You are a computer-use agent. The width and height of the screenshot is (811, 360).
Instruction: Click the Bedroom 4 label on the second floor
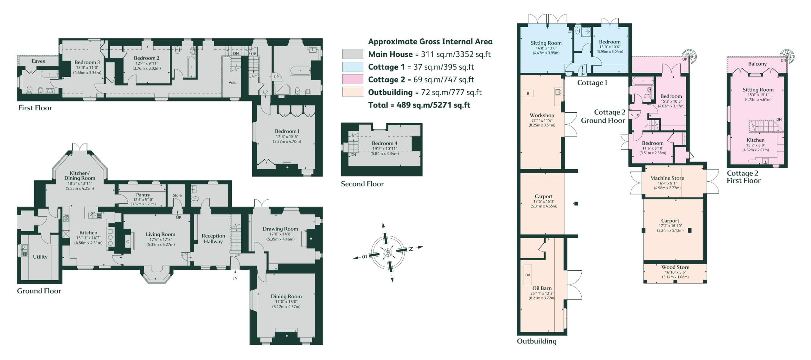click(384, 143)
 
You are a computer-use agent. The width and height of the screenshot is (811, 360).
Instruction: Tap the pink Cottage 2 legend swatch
click(353, 79)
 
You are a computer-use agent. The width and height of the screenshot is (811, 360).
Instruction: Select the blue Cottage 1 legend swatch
click(353, 67)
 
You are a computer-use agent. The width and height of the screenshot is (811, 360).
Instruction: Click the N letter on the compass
click(411, 249)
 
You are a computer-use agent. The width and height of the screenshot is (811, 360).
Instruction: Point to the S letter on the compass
click(364, 256)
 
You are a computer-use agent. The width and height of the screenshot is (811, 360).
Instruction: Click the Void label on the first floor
click(233, 82)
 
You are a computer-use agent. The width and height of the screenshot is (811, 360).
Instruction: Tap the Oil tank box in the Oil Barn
click(527, 275)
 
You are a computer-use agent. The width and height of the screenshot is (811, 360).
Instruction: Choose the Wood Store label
click(675, 267)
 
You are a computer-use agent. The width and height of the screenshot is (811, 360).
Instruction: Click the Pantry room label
click(143, 195)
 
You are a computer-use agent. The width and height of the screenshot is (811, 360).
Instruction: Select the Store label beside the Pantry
click(177, 195)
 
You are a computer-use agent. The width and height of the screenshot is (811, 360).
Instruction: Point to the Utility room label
click(40, 257)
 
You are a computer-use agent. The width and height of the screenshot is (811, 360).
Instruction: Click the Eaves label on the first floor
click(38, 61)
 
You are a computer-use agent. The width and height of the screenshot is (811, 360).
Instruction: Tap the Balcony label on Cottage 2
click(757, 64)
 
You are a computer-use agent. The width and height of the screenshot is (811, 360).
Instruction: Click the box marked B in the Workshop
click(528, 93)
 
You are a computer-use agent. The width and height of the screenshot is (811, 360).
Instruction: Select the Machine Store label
click(667, 178)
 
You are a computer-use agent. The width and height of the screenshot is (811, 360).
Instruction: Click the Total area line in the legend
click(419, 105)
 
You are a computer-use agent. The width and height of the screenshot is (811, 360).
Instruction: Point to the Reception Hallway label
click(213, 239)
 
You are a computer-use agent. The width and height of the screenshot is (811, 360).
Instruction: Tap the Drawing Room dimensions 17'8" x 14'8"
click(280, 234)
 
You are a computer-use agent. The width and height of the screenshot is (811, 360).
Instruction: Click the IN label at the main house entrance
click(235, 278)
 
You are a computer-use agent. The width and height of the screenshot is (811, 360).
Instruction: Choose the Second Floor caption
click(362, 184)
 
